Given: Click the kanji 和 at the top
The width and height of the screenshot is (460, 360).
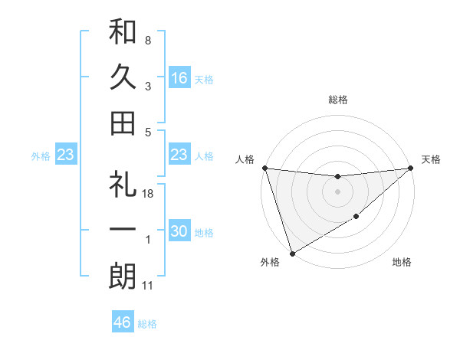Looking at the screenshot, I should (x=123, y=31).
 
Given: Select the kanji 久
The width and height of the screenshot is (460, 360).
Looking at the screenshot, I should (x=123, y=77).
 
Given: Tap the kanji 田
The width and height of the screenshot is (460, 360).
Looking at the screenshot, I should (x=123, y=123).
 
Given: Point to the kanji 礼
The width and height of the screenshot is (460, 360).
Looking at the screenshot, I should (x=123, y=185).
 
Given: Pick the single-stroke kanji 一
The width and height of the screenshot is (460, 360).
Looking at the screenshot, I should (x=123, y=231).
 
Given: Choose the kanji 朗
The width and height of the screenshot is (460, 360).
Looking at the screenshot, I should (x=123, y=277).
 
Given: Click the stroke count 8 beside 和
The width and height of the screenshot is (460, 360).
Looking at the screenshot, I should (x=148, y=40).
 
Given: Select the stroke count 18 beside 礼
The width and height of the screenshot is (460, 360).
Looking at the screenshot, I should (x=148, y=195).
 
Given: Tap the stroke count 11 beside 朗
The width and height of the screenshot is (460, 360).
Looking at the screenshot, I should (x=148, y=286).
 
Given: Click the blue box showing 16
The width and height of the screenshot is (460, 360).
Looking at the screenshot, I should (x=179, y=77).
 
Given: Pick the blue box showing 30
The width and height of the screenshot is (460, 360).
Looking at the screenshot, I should (x=179, y=231).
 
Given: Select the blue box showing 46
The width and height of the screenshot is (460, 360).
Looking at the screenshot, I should (x=123, y=322).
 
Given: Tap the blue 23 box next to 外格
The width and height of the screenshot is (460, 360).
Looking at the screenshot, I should (x=66, y=155).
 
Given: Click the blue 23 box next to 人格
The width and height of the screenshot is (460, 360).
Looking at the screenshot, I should (x=179, y=155).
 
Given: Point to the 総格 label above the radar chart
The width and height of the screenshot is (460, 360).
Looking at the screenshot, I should (x=337, y=100).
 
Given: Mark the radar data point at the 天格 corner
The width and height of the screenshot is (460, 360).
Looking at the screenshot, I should (x=410, y=168).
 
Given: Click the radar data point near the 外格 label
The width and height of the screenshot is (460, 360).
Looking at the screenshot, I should (x=292, y=253).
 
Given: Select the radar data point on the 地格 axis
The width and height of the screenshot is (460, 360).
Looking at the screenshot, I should (x=356, y=218).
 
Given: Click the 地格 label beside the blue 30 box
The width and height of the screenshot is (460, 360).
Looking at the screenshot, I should (x=204, y=232).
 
